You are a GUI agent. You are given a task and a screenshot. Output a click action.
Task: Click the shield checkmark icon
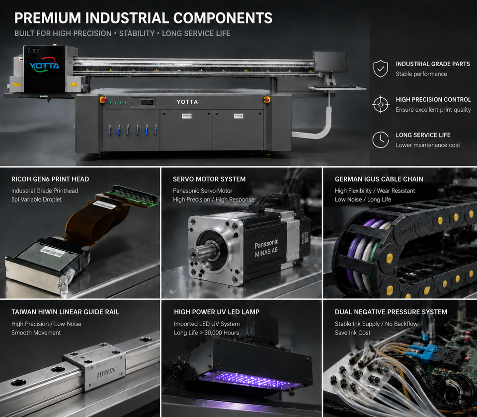(381, 69)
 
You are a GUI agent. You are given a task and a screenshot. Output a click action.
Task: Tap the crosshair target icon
(381, 105)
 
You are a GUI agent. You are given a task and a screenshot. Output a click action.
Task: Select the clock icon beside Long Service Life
(381, 140)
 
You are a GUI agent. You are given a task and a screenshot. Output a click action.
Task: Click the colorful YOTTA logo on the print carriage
(44, 65)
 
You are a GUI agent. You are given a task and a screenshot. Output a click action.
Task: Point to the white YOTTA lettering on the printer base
(187, 102)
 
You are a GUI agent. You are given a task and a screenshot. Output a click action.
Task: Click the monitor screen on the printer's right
(330, 62)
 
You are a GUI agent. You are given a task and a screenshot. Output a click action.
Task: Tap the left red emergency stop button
(103, 99)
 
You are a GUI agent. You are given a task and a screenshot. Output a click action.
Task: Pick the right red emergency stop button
(267, 99)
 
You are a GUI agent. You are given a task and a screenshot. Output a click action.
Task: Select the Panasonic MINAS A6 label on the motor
(266, 248)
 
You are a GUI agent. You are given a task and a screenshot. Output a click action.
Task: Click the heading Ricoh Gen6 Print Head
(50, 179)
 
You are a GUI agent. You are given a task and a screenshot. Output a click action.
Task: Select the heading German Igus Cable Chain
(379, 179)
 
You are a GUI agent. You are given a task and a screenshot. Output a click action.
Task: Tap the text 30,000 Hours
(222, 333)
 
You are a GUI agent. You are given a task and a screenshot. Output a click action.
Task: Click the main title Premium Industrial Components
(143, 18)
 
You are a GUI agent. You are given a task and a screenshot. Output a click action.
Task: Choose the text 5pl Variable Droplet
(36, 200)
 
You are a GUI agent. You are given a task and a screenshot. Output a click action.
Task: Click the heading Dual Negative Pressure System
(391, 312)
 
